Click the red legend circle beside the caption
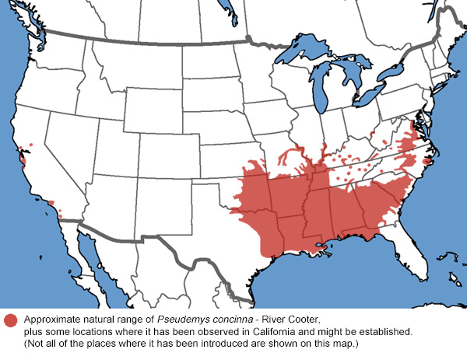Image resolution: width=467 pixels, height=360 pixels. [x=11, y=321]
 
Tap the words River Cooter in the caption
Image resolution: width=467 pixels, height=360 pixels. [x=295, y=320]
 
